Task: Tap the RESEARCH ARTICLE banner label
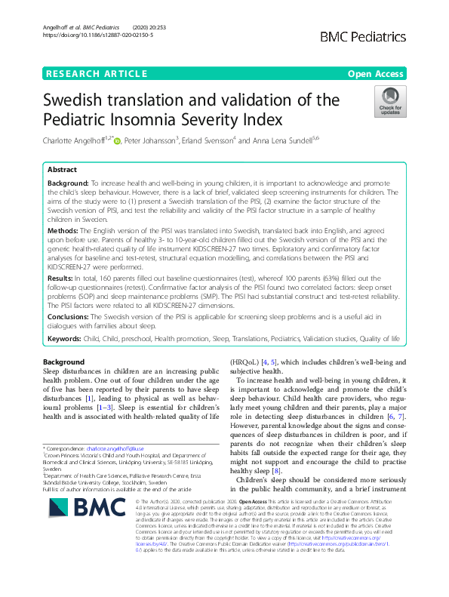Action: tap(96, 73)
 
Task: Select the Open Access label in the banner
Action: tap(377, 73)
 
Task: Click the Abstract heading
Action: tap(63, 170)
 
